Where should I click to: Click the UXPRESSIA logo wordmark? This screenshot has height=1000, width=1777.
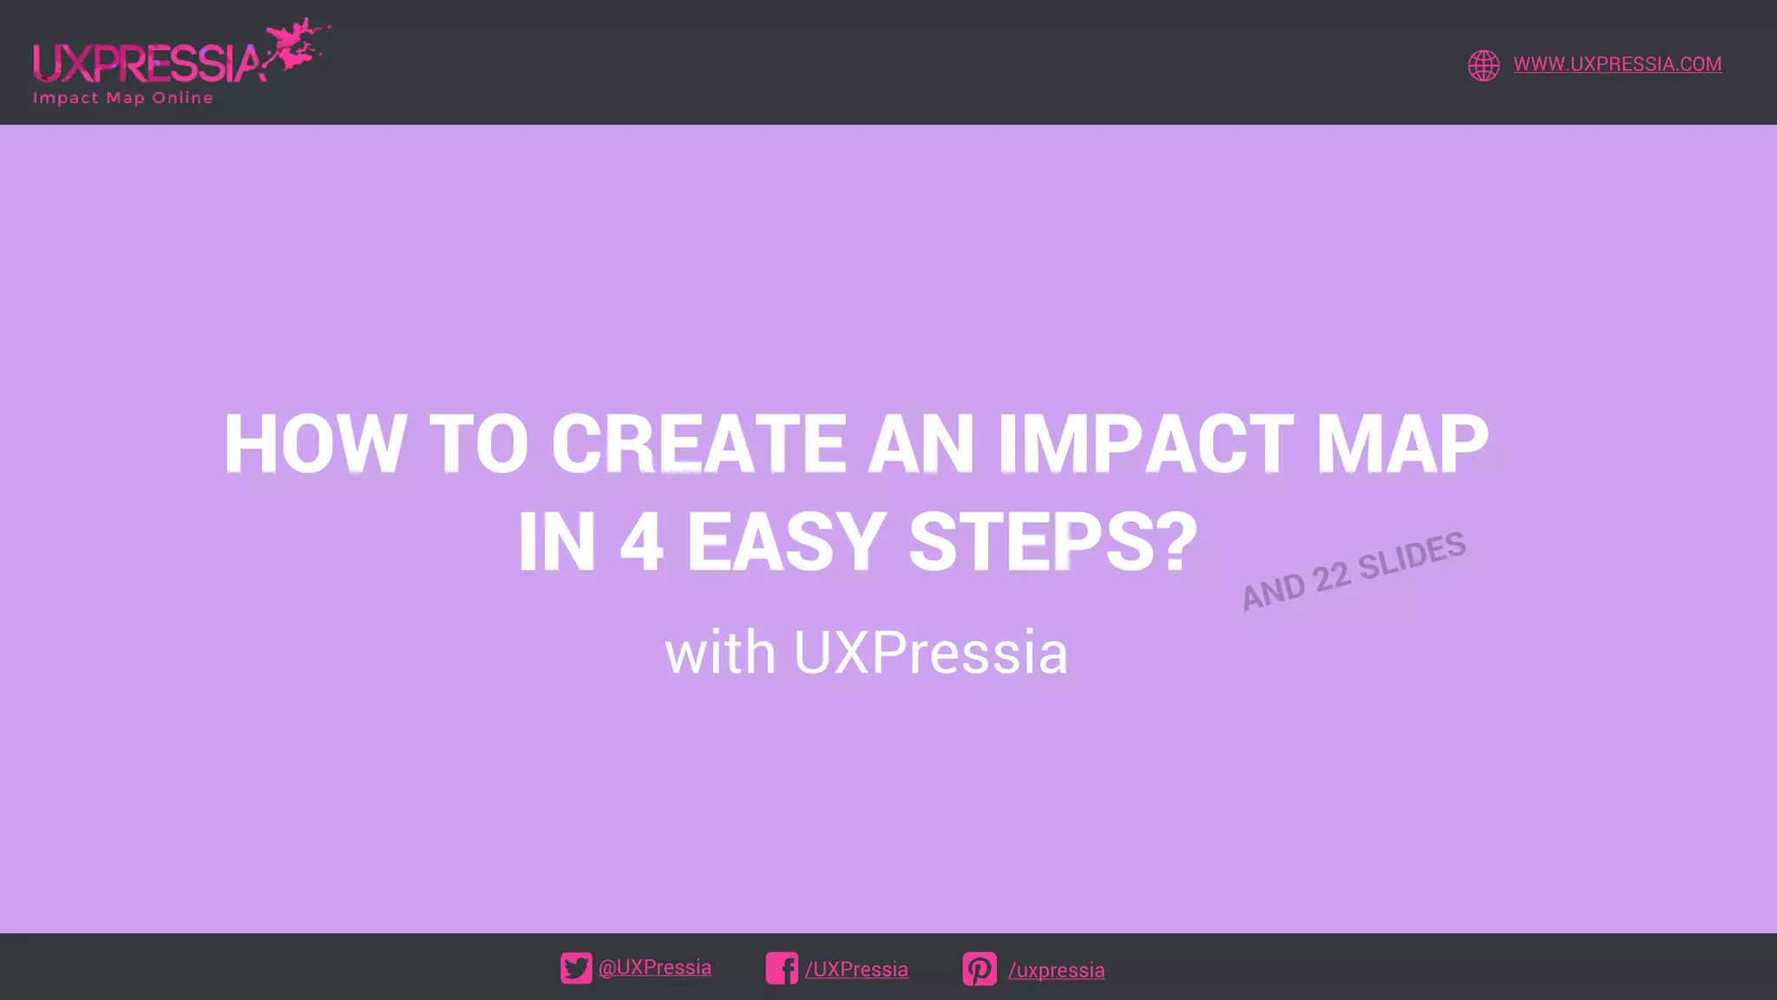click(x=148, y=62)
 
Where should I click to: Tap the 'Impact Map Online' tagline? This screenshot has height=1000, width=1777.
click(x=123, y=98)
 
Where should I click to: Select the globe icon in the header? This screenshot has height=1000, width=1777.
click(x=1484, y=65)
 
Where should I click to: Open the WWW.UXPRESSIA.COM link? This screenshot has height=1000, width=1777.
click(x=1617, y=64)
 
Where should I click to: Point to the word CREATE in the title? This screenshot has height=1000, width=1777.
click(x=698, y=444)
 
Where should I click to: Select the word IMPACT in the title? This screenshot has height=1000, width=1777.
click(x=1145, y=444)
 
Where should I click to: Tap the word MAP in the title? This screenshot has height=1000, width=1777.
click(x=1402, y=444)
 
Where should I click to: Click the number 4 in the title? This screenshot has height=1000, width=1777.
click(x=641, y=543)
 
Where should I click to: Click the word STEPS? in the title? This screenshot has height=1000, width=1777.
click(x=1052, y=543)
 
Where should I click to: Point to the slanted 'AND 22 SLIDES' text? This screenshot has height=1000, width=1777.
click(x=1354, y=571)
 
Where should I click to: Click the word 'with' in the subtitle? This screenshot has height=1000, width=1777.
click(x=720, y=653)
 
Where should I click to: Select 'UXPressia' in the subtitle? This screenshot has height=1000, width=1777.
click(x=930, y=653)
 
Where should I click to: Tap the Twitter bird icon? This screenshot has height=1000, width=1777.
click(x=576, y=968)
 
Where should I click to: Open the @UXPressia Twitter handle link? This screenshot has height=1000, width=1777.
click(x=655, y=968)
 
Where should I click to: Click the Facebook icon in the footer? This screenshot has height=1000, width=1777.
click(x=782, y=968)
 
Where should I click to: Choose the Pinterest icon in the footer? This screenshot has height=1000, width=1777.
click(x=980, y=969)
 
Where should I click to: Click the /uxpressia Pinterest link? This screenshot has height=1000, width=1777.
click(x=1056, y=970)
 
